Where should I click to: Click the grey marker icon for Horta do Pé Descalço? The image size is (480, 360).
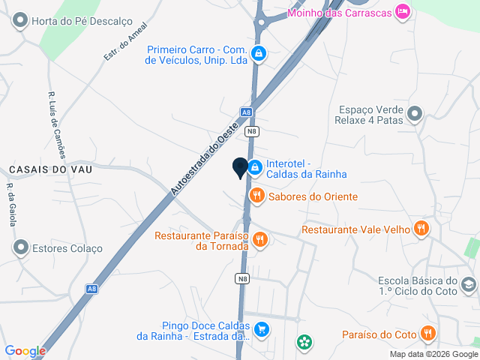tap(20, 21)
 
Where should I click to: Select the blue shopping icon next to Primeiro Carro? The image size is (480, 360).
tap(259, 54)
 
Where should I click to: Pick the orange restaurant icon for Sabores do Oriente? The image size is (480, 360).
tap(257, 196)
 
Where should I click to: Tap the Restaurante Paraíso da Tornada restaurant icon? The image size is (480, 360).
tap(261, 240)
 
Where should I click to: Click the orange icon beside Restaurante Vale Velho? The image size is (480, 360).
tap(422, 229)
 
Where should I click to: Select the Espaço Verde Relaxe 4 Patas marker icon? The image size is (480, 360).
tap(415, 115)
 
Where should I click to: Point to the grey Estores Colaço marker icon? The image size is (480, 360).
tap(20, 247)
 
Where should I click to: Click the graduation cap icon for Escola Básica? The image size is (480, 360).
tap(468, 284)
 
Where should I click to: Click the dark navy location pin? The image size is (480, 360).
tap(240, 169)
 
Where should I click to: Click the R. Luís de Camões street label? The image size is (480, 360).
tap(58, 124)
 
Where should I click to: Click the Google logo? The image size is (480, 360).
tap(25, 350)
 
